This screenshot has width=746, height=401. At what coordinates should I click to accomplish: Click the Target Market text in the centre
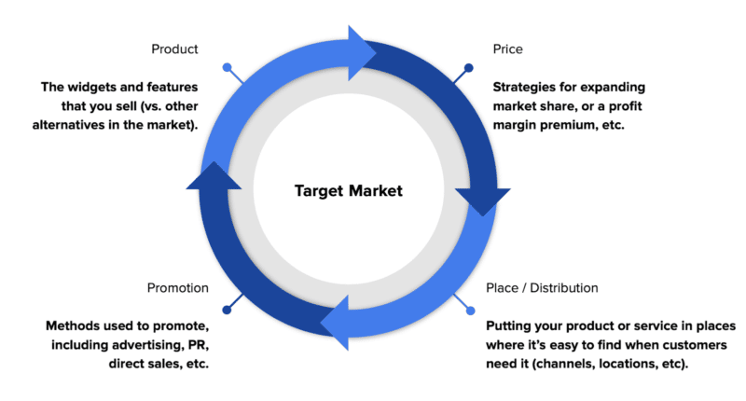pos(348,191)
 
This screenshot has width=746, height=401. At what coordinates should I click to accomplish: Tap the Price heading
pos(507,48)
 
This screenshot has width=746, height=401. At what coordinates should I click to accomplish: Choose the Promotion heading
pos(179,288)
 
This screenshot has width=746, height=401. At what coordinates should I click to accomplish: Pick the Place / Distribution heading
pos(542,288)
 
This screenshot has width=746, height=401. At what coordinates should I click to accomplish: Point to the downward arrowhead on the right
pos(483,200)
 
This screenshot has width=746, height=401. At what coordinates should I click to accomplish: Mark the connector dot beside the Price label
pos(468,67)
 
